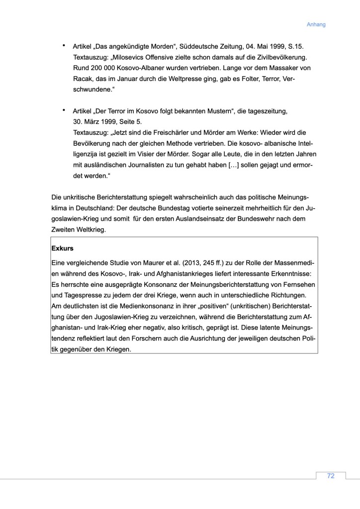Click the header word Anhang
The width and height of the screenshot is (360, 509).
click(316, 24)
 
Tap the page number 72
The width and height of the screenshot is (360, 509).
click(331, 476)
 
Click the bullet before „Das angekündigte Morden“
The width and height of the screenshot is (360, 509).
click(64, 45)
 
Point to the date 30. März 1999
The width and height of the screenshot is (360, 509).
click(95, 122)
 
